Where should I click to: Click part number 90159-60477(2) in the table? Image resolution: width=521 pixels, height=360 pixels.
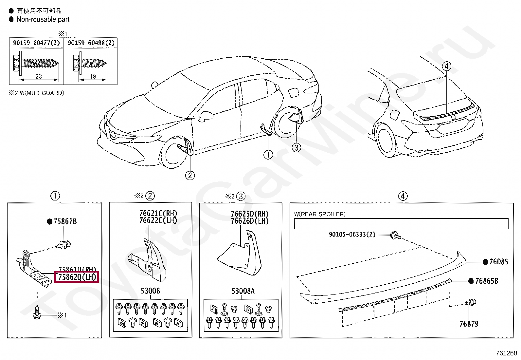pyautogui.click(x=36, y=43)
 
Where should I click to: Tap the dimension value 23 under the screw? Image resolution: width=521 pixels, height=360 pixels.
pyautogui.click(x=39, y=76)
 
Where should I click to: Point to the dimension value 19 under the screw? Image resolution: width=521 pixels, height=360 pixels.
pyautogui.click(x=93, y=76)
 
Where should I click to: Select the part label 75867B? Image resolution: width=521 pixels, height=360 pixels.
pyautogui.click(x=65, y=222)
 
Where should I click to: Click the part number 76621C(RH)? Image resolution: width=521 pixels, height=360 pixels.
pyautogui.click(x=158, y=214)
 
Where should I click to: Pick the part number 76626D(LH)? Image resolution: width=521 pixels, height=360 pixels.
pyautogui.click(x=249, y=221)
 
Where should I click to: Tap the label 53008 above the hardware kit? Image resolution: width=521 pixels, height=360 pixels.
pyautogui.click(x=150, y=291)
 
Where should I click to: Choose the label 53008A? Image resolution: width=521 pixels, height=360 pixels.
pyautogui.click(x=243, y=291)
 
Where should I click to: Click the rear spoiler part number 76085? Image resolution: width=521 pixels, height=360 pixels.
pyautogui.click(x=498, y=262)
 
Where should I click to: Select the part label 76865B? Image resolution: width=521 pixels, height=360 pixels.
pyautogui.click(x=486, y=281)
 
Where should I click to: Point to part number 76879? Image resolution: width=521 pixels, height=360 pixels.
pyautogui.click(x=469, y=324)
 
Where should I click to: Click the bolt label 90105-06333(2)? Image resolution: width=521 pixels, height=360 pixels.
pyautogui.click(x=352, y=235)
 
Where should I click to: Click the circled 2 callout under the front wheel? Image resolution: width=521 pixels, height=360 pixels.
pyautogui.click(x=190, y=175)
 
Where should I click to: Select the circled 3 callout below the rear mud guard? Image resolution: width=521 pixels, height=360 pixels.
pyautogui.click(x=296, y=147)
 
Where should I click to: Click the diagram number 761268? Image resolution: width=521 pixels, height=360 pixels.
pyautogui.click(x=506, y=353)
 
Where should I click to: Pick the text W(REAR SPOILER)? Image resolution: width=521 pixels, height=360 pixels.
pyautogui.click(x=319, y=214)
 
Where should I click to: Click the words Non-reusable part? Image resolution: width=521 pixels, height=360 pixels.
pyautogui.click(x=43, y=19)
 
